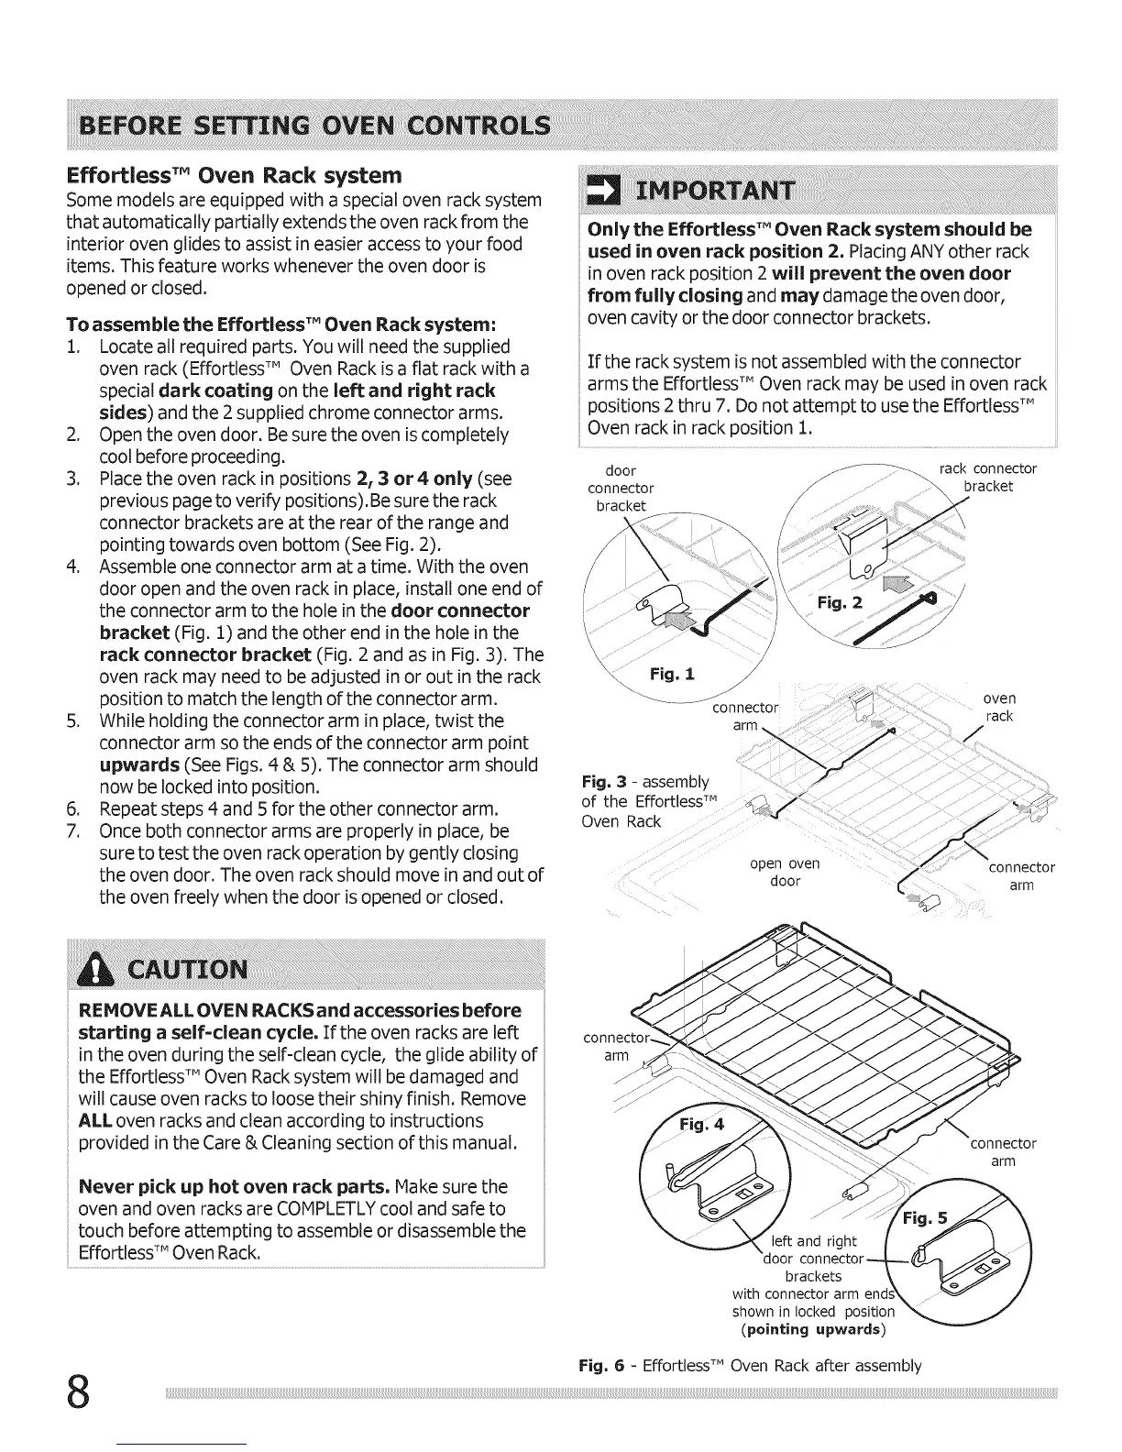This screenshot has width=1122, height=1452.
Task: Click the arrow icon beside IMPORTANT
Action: pos(604,190)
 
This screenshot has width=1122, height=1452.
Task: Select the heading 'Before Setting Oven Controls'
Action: pos(316,124)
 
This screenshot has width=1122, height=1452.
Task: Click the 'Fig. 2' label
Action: pos(841,601)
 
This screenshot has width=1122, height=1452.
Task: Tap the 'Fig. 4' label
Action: pos(701,1126)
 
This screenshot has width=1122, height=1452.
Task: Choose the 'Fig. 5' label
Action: pos(926,1219)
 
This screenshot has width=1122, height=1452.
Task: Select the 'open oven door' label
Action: pos(785,872)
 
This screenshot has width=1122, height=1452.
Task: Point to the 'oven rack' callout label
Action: pos(999,707)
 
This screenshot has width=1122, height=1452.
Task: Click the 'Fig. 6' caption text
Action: pos(750,1366)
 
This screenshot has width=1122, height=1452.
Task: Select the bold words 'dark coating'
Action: pos(215,391)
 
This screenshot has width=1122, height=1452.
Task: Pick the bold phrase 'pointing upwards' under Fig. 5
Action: pos(812,1329)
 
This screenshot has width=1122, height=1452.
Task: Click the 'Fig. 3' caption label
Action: pos(604,782)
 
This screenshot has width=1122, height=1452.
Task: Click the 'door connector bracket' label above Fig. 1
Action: pos(621,489)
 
